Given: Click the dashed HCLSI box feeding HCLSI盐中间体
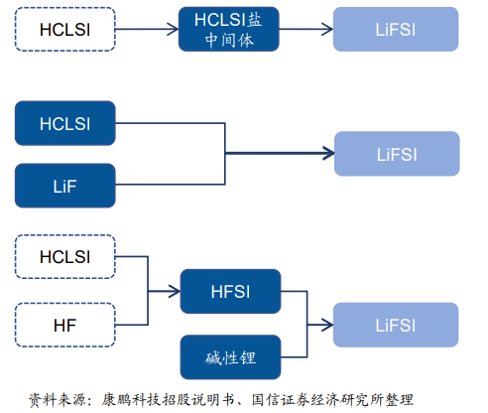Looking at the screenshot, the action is point(65,29).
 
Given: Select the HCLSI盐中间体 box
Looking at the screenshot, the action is point(229,29).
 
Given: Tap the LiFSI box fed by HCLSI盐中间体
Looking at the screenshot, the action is point(396,29).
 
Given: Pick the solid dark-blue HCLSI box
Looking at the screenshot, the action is point(65,123).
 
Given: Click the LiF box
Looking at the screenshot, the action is point(65,186).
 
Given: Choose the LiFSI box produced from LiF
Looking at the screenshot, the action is point(397,154).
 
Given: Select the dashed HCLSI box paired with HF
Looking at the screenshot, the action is point(65,257).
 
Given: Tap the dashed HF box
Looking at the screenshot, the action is point(65,325).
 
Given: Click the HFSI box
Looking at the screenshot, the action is point(230,291).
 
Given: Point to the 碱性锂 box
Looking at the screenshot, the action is point(230,357).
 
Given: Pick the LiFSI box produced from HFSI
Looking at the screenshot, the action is point(396,325).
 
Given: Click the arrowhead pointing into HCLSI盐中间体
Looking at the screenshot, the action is point(174,29).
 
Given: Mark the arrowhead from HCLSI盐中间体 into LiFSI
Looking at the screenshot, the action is point(327,29).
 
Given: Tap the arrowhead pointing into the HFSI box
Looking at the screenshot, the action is point(175,291).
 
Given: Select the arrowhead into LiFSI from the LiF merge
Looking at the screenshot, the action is point(328,153).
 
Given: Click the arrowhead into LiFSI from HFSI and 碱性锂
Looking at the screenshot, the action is point(327,325).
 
